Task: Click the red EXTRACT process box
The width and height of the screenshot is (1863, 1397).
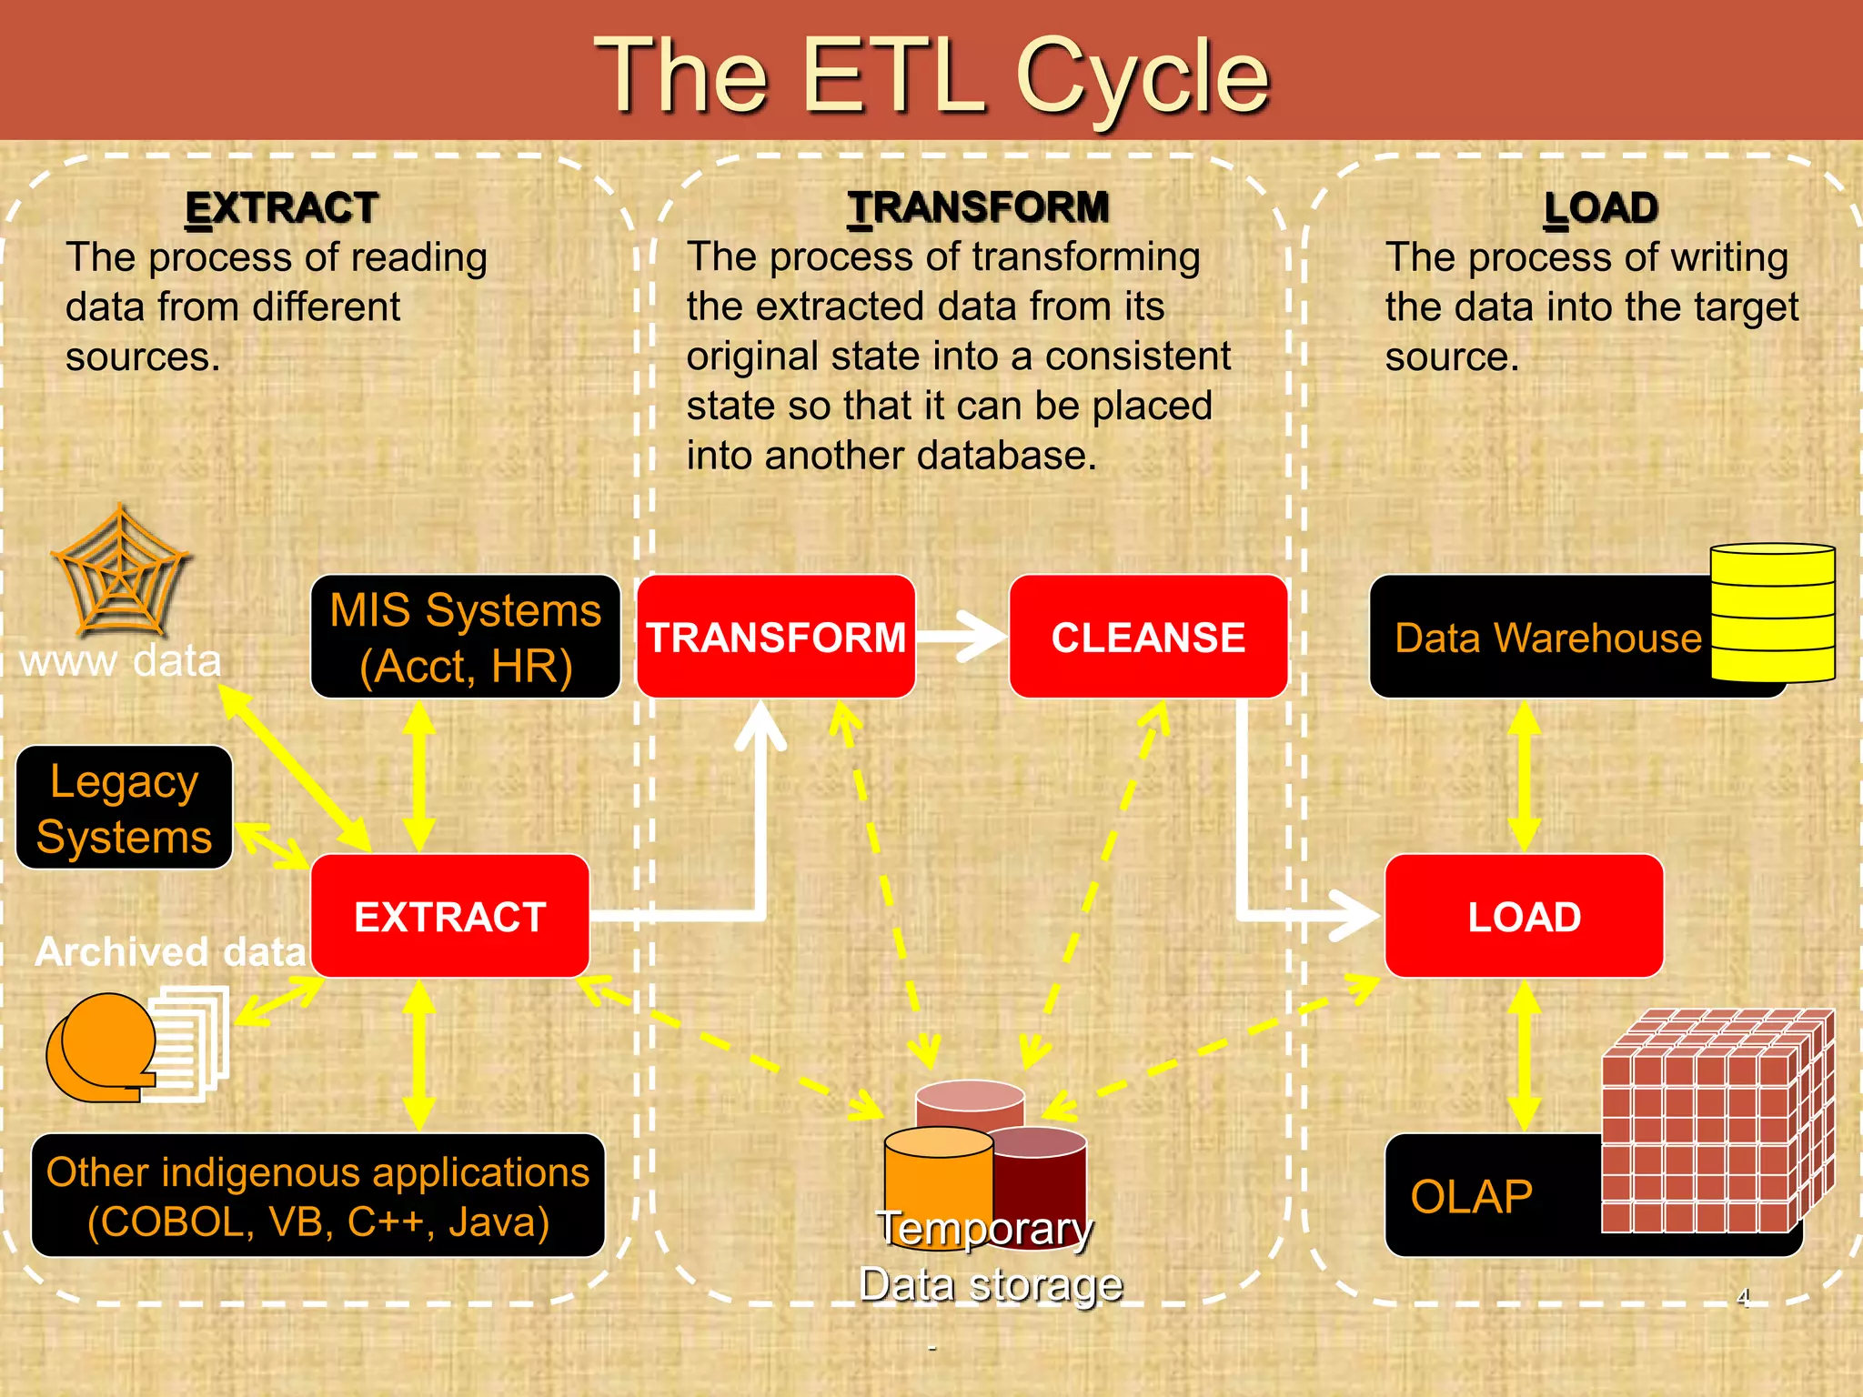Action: point(449,916)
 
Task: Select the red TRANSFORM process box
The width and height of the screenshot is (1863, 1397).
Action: point(775,637)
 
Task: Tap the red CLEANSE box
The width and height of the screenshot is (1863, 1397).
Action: point(1148,637)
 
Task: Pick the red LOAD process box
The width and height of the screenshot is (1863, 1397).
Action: point(1524,916)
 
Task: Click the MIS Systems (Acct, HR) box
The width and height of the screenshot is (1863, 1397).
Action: point(465,637)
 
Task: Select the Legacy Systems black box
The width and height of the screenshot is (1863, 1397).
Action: point(125,808)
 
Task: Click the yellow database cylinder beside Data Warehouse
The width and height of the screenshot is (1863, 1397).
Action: point(1772,612)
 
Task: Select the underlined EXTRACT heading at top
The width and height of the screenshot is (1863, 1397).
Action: point(281,207)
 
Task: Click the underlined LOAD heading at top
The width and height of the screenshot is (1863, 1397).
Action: point(1601,207)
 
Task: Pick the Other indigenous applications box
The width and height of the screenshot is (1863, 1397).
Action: point(317,1195)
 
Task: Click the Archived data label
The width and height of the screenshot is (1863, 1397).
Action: point(170,952)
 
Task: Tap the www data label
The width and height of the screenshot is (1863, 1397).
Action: point(120,661)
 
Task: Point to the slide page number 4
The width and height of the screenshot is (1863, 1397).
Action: point(1743,1297)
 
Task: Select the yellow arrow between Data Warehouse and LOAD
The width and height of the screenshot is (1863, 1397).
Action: point(1524,776)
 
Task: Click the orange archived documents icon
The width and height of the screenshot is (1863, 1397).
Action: point(136,1046)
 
